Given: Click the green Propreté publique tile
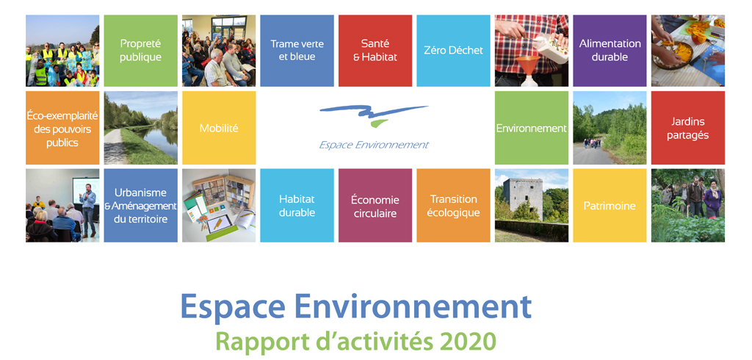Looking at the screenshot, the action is pos(140,51).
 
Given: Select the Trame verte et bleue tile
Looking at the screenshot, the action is pos(297,51).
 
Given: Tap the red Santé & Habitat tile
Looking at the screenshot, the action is pos(375,51).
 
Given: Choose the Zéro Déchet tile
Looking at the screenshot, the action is pos(453,51).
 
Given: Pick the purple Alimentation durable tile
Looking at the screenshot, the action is pos(610,51).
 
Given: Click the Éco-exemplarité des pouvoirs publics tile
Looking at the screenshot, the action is pos(62,128).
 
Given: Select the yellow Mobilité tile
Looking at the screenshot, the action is pos(219,128).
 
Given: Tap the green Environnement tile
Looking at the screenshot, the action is pos(532,128).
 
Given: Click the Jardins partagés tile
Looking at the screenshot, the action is pos(687,128).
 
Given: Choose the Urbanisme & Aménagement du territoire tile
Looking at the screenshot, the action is pos(140,206).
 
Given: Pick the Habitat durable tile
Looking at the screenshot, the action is pos(297,206).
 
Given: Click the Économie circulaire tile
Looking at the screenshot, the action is pos(375,206).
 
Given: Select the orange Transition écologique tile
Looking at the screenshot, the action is pos(453,206).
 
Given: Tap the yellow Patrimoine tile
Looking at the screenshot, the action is pos(610,206).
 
